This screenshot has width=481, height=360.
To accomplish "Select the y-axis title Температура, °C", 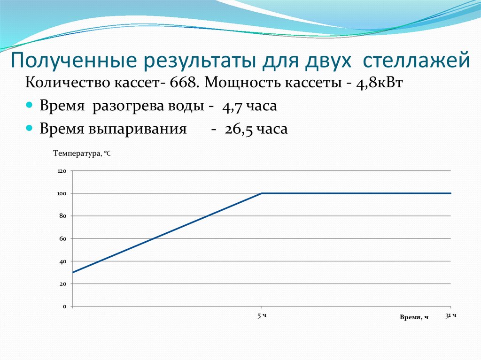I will coord(82,153).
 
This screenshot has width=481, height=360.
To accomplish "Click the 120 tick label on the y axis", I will coord(62,171).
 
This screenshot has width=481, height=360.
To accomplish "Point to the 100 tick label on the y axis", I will coord(62,193).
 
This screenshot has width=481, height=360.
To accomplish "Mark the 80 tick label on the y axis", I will coord(63,216).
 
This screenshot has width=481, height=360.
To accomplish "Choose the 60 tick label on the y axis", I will coord(63,238).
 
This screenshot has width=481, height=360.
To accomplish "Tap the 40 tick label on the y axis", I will coord(63,261).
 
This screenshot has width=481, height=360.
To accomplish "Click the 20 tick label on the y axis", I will coord(63,284).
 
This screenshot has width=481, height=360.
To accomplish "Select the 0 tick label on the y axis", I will coord(65,306).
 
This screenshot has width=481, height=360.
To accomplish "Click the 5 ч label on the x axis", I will coord(262,316).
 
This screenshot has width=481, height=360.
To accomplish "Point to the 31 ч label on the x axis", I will coord(451,316).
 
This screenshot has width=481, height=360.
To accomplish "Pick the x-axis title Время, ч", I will coord(414,318).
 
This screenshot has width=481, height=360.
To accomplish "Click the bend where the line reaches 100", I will coord(262,193).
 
